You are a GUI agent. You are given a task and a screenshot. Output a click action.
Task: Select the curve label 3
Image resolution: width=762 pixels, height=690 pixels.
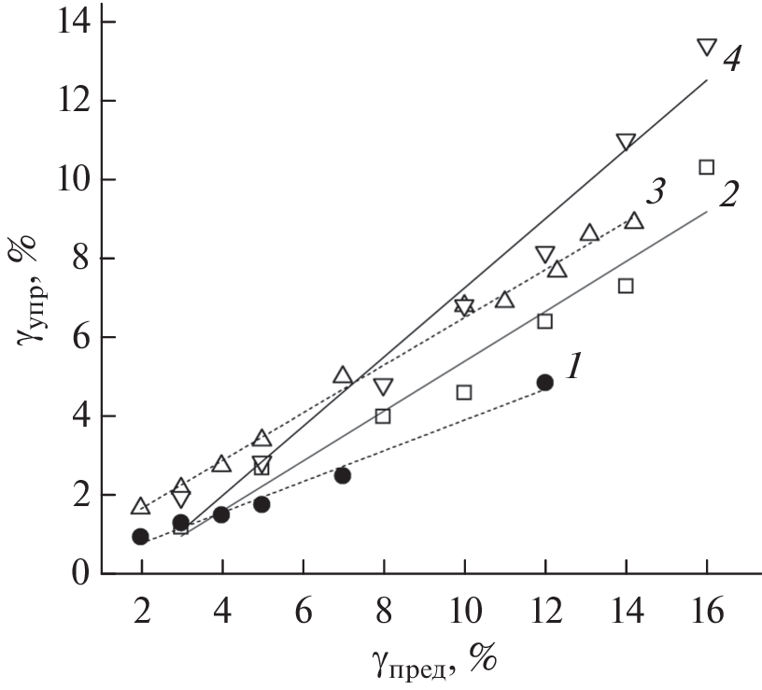(655, 196)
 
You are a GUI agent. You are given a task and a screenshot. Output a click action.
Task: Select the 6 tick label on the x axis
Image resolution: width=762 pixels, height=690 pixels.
(303, 616)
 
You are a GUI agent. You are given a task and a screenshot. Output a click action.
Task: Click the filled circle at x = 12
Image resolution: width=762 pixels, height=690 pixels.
(544, 382)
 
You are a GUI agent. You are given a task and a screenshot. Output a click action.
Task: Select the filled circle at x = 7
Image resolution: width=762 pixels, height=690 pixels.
(343, 475)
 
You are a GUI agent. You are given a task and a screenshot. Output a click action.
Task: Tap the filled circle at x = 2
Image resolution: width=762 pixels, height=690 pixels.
(141, 536)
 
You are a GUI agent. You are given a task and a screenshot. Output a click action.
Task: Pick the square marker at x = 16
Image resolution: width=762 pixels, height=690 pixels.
(706, 167)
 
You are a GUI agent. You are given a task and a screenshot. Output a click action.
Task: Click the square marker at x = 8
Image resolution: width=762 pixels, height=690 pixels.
(383, 415)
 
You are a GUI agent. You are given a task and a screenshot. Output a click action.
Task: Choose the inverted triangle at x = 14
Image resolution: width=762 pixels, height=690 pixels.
(626, 142)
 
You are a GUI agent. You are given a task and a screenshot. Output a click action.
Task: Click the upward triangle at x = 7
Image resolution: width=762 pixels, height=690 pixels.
(343, 375)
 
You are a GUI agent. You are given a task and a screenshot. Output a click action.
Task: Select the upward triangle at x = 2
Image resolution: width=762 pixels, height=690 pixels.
(141, 506)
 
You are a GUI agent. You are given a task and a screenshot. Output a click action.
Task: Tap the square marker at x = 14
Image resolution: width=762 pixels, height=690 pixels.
(626, 286)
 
